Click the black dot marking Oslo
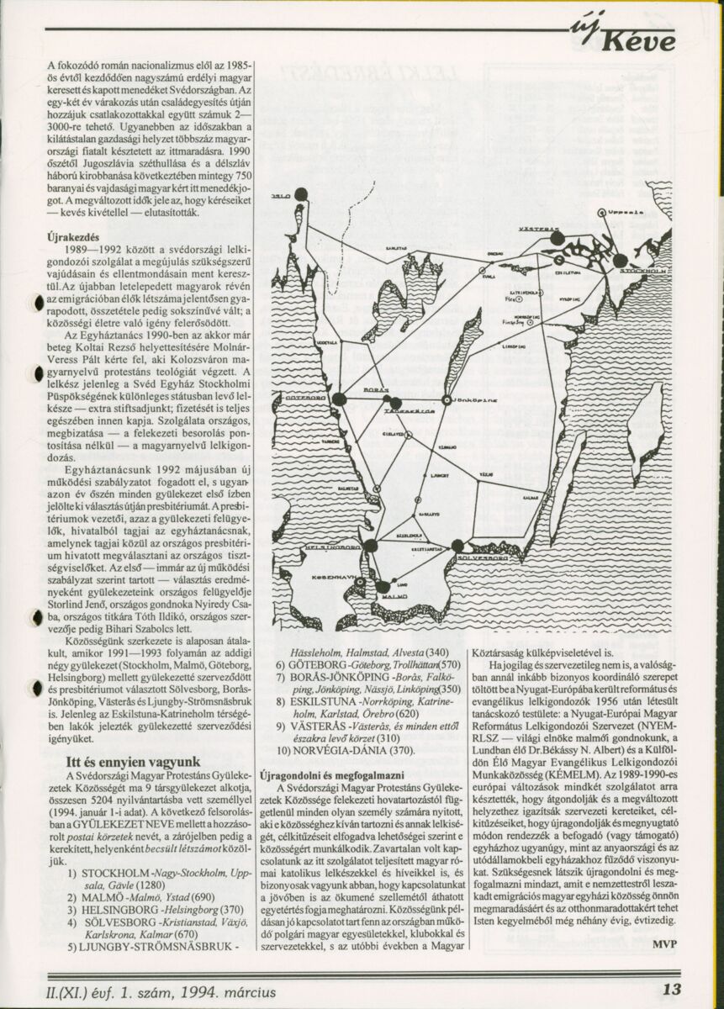pos(301,195)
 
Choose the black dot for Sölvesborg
pos(457,546)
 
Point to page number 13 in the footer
pos(671,990)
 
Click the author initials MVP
pos(663,943)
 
